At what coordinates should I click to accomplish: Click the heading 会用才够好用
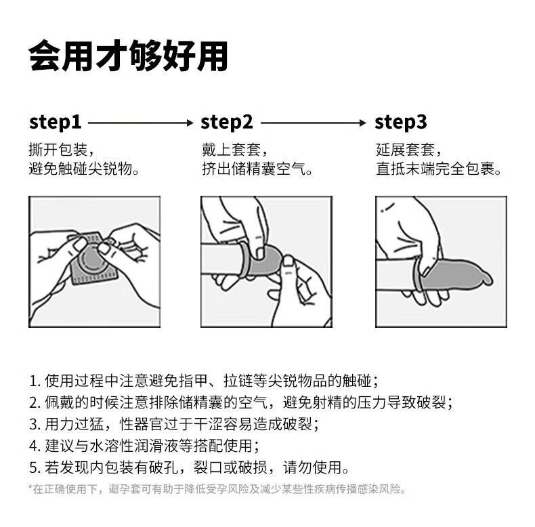128,56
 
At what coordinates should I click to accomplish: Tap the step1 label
56,123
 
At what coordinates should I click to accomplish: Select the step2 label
227,123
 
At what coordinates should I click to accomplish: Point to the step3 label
401,123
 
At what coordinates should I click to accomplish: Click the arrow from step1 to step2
141,123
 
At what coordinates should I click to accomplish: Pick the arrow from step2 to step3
314,123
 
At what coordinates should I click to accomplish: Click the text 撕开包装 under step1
58,150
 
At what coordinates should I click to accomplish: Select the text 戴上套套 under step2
232,150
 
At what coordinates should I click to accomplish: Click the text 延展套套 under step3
406,150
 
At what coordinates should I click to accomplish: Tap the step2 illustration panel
266,261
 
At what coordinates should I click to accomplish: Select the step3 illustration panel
441,261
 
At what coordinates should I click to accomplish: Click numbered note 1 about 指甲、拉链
204,381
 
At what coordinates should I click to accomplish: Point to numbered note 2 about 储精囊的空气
241,403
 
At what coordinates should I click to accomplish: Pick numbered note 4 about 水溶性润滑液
144,446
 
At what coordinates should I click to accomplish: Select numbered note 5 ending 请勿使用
189,467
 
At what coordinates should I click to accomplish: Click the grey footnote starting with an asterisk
217,489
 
